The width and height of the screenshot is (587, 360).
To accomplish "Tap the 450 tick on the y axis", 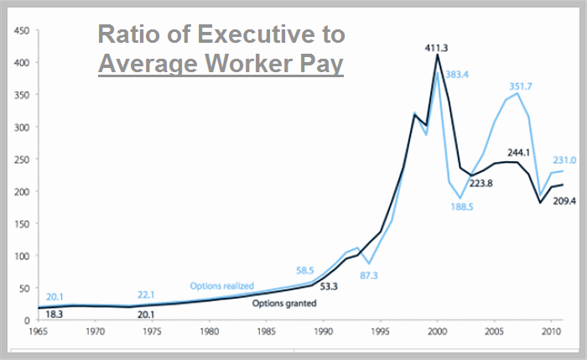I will point(22,31).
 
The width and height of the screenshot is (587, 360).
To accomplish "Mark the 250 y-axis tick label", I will point(22,159).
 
